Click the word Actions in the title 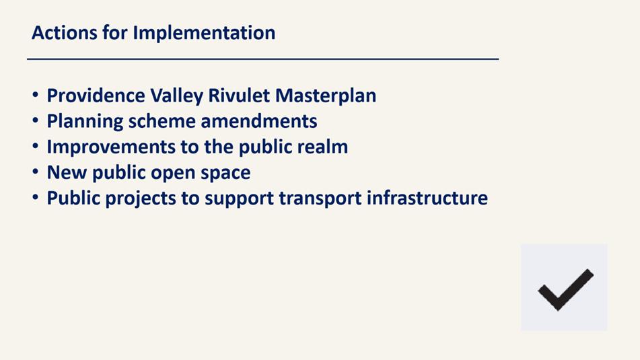pos(65,33)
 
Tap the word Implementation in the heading pos(204,34)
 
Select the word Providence pos(96,96)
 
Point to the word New pos(67,173)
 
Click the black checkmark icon pos(565,290)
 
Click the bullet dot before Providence pos(36,96)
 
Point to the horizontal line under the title pos(263,59)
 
